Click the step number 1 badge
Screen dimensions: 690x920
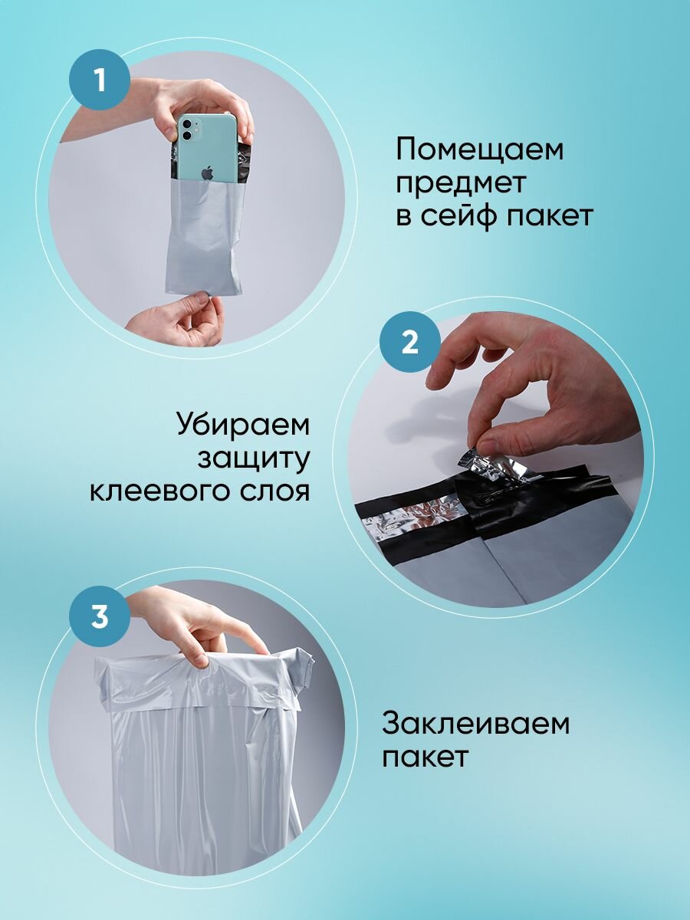pos(100,80)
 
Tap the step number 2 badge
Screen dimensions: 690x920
pos(409,343)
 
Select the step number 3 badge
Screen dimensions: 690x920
pos(100,617)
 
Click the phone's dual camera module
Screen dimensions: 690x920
pos(191,130)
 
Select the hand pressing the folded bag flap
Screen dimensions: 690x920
pos(197,625)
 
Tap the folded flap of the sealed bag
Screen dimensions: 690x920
pos(204,682)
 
